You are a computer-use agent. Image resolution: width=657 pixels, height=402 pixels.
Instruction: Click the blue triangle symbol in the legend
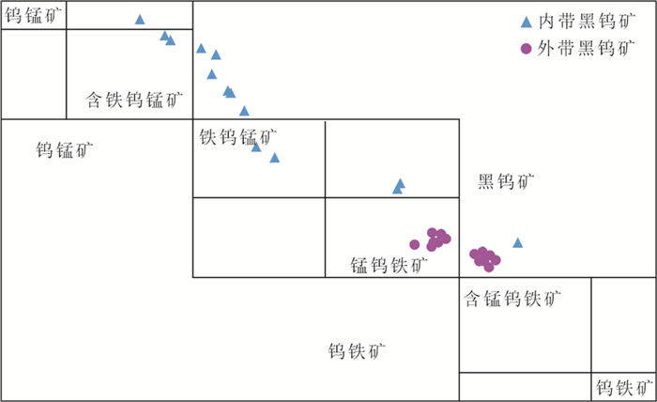(527, 22)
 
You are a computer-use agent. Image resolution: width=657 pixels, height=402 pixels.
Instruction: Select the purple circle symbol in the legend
(527, 48)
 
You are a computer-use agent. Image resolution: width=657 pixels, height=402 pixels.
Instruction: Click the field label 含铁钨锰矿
(135, 99)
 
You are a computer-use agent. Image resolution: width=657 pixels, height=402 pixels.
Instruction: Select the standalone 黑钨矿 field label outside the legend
(507, 180)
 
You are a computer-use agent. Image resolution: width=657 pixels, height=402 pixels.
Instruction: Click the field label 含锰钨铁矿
(513, 300)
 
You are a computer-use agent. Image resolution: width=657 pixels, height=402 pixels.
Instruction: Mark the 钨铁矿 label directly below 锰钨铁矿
(357, 351)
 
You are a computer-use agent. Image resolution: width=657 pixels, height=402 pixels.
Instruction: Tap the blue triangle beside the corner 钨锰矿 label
(140, 20)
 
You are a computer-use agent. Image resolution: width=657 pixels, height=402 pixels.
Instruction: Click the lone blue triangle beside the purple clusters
(517, 242)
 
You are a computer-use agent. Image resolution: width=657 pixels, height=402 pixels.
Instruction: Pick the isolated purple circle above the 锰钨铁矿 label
(414, 244)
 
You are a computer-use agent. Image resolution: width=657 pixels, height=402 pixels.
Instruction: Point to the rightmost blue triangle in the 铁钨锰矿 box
(274, 158)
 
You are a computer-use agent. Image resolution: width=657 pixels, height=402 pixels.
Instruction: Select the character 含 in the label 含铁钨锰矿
(94, 99)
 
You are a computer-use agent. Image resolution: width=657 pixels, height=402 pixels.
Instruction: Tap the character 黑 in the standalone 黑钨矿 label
(487, 180)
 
